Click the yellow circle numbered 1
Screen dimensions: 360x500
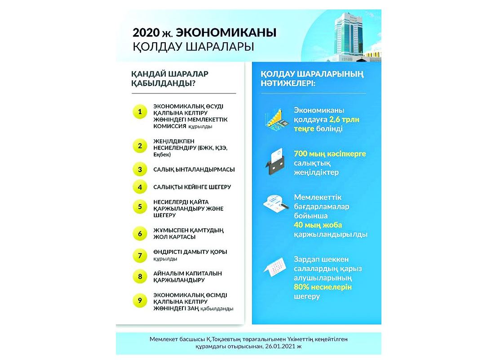[x=140, y=111]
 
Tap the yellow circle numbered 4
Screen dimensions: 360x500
[x=140, y=187]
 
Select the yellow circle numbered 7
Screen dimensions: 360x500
[x=140, y=255]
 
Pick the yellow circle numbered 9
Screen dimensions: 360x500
[x=140, y=301]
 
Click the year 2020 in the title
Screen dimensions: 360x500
[x=146, y=33]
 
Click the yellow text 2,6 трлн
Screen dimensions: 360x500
[x=344, y=120]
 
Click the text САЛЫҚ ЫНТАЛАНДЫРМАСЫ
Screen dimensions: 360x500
[x=194, y=170]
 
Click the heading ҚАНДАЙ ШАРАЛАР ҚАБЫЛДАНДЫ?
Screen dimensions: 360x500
[x=169, y=78]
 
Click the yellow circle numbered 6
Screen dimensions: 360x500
[x=140, y=233]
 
